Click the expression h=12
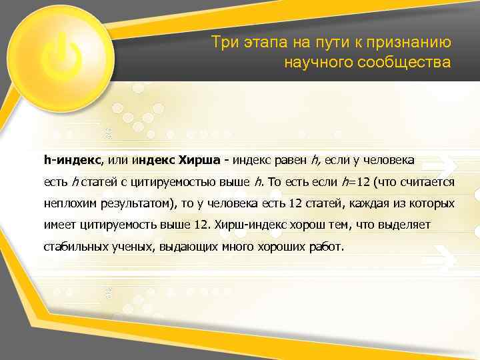point(355,182)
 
